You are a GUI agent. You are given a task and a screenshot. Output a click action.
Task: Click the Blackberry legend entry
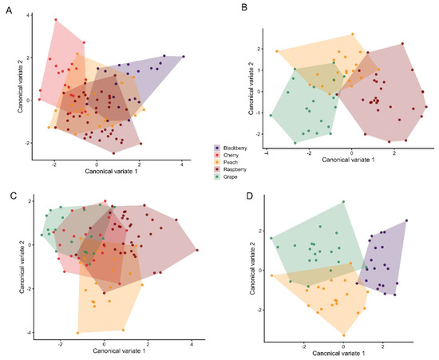(231, 148)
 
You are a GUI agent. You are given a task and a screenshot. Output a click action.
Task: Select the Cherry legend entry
(227, 155)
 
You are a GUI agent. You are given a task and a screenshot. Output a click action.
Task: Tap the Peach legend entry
(226, 162)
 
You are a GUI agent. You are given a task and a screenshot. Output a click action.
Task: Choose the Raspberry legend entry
(231, 169)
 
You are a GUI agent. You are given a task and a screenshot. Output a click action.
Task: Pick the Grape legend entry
(226, 176)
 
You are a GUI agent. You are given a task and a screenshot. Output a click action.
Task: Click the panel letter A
(10, 10)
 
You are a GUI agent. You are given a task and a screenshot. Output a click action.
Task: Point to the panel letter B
(244, 7)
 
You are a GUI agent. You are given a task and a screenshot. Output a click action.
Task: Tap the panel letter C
(14, 196)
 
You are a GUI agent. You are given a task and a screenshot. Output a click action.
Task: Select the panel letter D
(250, 196)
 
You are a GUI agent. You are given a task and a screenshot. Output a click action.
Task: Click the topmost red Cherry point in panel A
(56, 20)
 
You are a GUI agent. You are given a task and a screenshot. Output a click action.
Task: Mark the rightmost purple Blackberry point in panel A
(184, 57)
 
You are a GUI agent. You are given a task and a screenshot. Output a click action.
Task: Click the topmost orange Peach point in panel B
(353, 34)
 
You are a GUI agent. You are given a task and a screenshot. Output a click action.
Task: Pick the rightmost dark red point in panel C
(197, 251)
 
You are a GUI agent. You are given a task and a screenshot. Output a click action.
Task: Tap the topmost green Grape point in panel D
(343, 202)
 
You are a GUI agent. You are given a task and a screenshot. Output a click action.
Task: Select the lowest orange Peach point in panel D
(344, 335)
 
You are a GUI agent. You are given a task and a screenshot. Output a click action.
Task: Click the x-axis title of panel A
(111, 171)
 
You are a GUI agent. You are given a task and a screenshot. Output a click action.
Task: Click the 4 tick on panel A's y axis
(28, 15)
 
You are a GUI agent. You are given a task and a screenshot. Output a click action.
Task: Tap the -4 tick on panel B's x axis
(267, 153)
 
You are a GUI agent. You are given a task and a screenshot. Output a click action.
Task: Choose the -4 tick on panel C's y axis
(28, 332)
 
